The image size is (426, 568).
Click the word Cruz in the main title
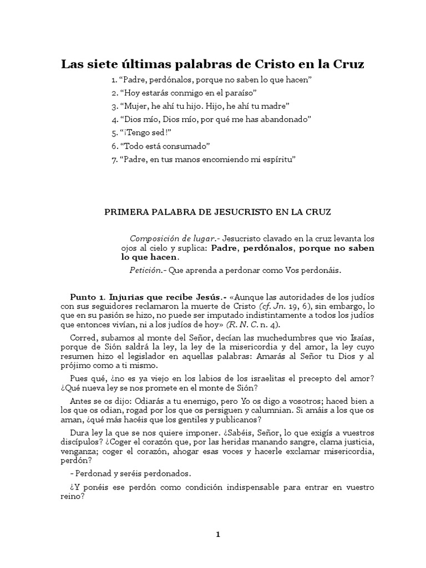pos(348,64)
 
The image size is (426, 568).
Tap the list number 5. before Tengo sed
pos(114,133)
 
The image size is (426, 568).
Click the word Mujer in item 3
pos(132,106)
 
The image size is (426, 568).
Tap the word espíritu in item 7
pos(278,159)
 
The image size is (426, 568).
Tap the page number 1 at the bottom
pos(219,535)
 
